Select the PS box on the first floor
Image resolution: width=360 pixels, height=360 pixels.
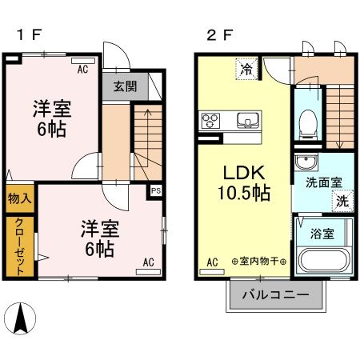click(156, 191)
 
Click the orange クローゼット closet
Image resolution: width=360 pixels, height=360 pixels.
click(20, 245)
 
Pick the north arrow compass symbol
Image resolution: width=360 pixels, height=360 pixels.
click(23, 321)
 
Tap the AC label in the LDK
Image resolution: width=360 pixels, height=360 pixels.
click(213, 262)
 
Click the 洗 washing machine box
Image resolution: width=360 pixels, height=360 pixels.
click(342, 201)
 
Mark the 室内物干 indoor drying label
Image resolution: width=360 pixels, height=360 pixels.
click(259, 262)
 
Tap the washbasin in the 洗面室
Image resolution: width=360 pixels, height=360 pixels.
click(304, 164)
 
